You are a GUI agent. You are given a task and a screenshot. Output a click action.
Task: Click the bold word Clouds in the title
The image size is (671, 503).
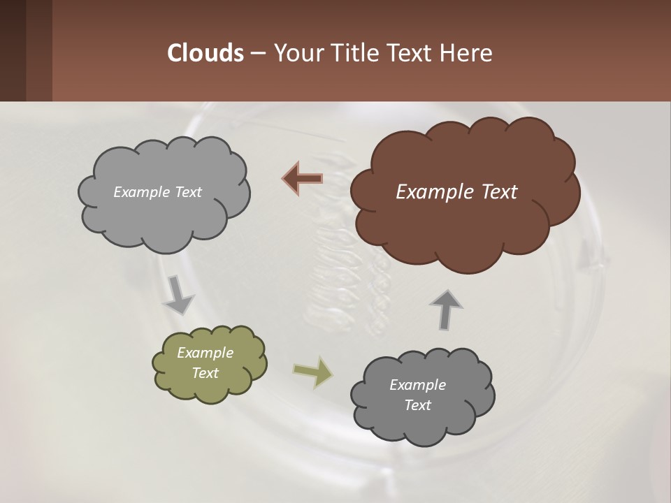[205, 53]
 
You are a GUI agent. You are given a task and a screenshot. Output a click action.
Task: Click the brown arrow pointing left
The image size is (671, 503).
[302, 179]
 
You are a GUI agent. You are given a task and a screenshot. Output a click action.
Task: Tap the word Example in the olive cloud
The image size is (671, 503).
[205, 353]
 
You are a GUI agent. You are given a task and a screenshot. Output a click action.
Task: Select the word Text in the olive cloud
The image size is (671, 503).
[205, 373]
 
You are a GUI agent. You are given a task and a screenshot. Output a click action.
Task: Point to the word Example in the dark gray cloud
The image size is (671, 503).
[417, 385]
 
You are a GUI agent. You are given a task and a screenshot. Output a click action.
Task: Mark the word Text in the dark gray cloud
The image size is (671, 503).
[417, 405]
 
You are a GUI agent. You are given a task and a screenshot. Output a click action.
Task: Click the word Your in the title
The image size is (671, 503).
[296, 53]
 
